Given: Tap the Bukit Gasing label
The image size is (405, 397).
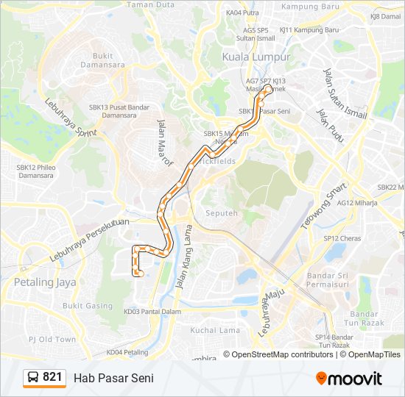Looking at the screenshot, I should tap(88, 305).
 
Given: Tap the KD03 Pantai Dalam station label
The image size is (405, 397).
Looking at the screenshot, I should tap(152, 312).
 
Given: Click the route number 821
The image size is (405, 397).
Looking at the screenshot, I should tap(52, 377).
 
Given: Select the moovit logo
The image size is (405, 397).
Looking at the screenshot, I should tap(349, 378).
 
